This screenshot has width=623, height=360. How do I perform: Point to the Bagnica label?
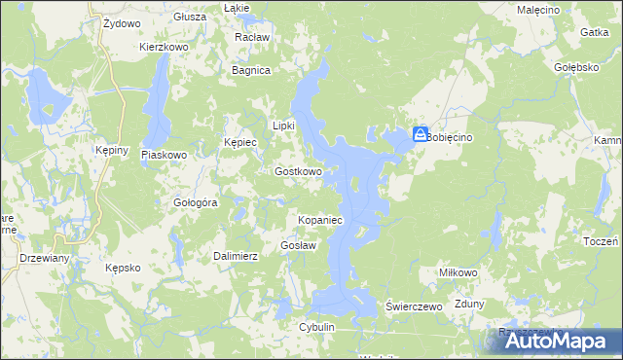[x=250, y=70]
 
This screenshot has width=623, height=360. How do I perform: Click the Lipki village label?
[x=282, y=125]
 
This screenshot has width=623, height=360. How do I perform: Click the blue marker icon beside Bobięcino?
[x=420, y=135]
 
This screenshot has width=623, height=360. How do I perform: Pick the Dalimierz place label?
[x=235, y=256]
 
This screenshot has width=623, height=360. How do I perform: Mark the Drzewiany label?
[x=44, y=258]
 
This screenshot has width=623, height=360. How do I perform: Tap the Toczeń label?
[x=604, y=240]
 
